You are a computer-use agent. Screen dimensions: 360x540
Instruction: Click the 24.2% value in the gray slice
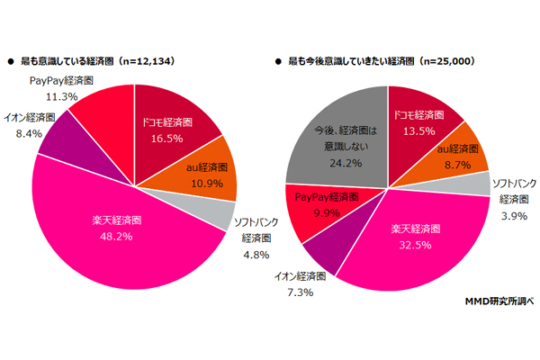pyautogui.click(x=337, y=164)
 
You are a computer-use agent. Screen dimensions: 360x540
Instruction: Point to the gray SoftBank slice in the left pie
pyautogui.click(x=214, y=216)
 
